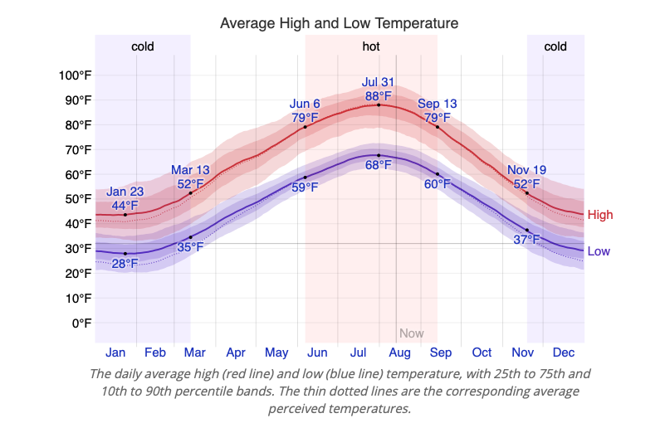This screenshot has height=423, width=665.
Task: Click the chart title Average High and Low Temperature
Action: click(339, 23)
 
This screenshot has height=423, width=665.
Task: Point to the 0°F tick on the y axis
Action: click(81, 323)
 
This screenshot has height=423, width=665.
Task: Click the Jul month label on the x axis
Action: click(359, 352)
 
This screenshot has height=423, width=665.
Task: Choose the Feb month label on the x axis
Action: click(155, 352)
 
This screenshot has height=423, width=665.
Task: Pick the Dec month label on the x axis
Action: click(564, 352)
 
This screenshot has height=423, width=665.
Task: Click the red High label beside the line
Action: click(599, 215)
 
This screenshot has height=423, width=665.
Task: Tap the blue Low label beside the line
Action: click(599, 251)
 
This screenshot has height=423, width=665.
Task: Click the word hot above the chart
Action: click(371, 46)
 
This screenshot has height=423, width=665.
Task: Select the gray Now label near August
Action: click(411, 333)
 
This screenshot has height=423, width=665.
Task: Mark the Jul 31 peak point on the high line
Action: click(379, 105)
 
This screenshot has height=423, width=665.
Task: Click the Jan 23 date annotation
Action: click(125, 192)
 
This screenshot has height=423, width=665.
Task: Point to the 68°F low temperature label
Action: click(379, 165)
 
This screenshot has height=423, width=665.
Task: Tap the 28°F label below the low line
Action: click(125, 264)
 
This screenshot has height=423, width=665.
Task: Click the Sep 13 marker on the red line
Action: click(438, 127)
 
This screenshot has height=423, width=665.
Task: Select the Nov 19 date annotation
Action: click(526, 171)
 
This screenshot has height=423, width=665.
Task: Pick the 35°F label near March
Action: click(190, 246)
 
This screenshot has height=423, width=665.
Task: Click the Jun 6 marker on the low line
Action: click(305, 177)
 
